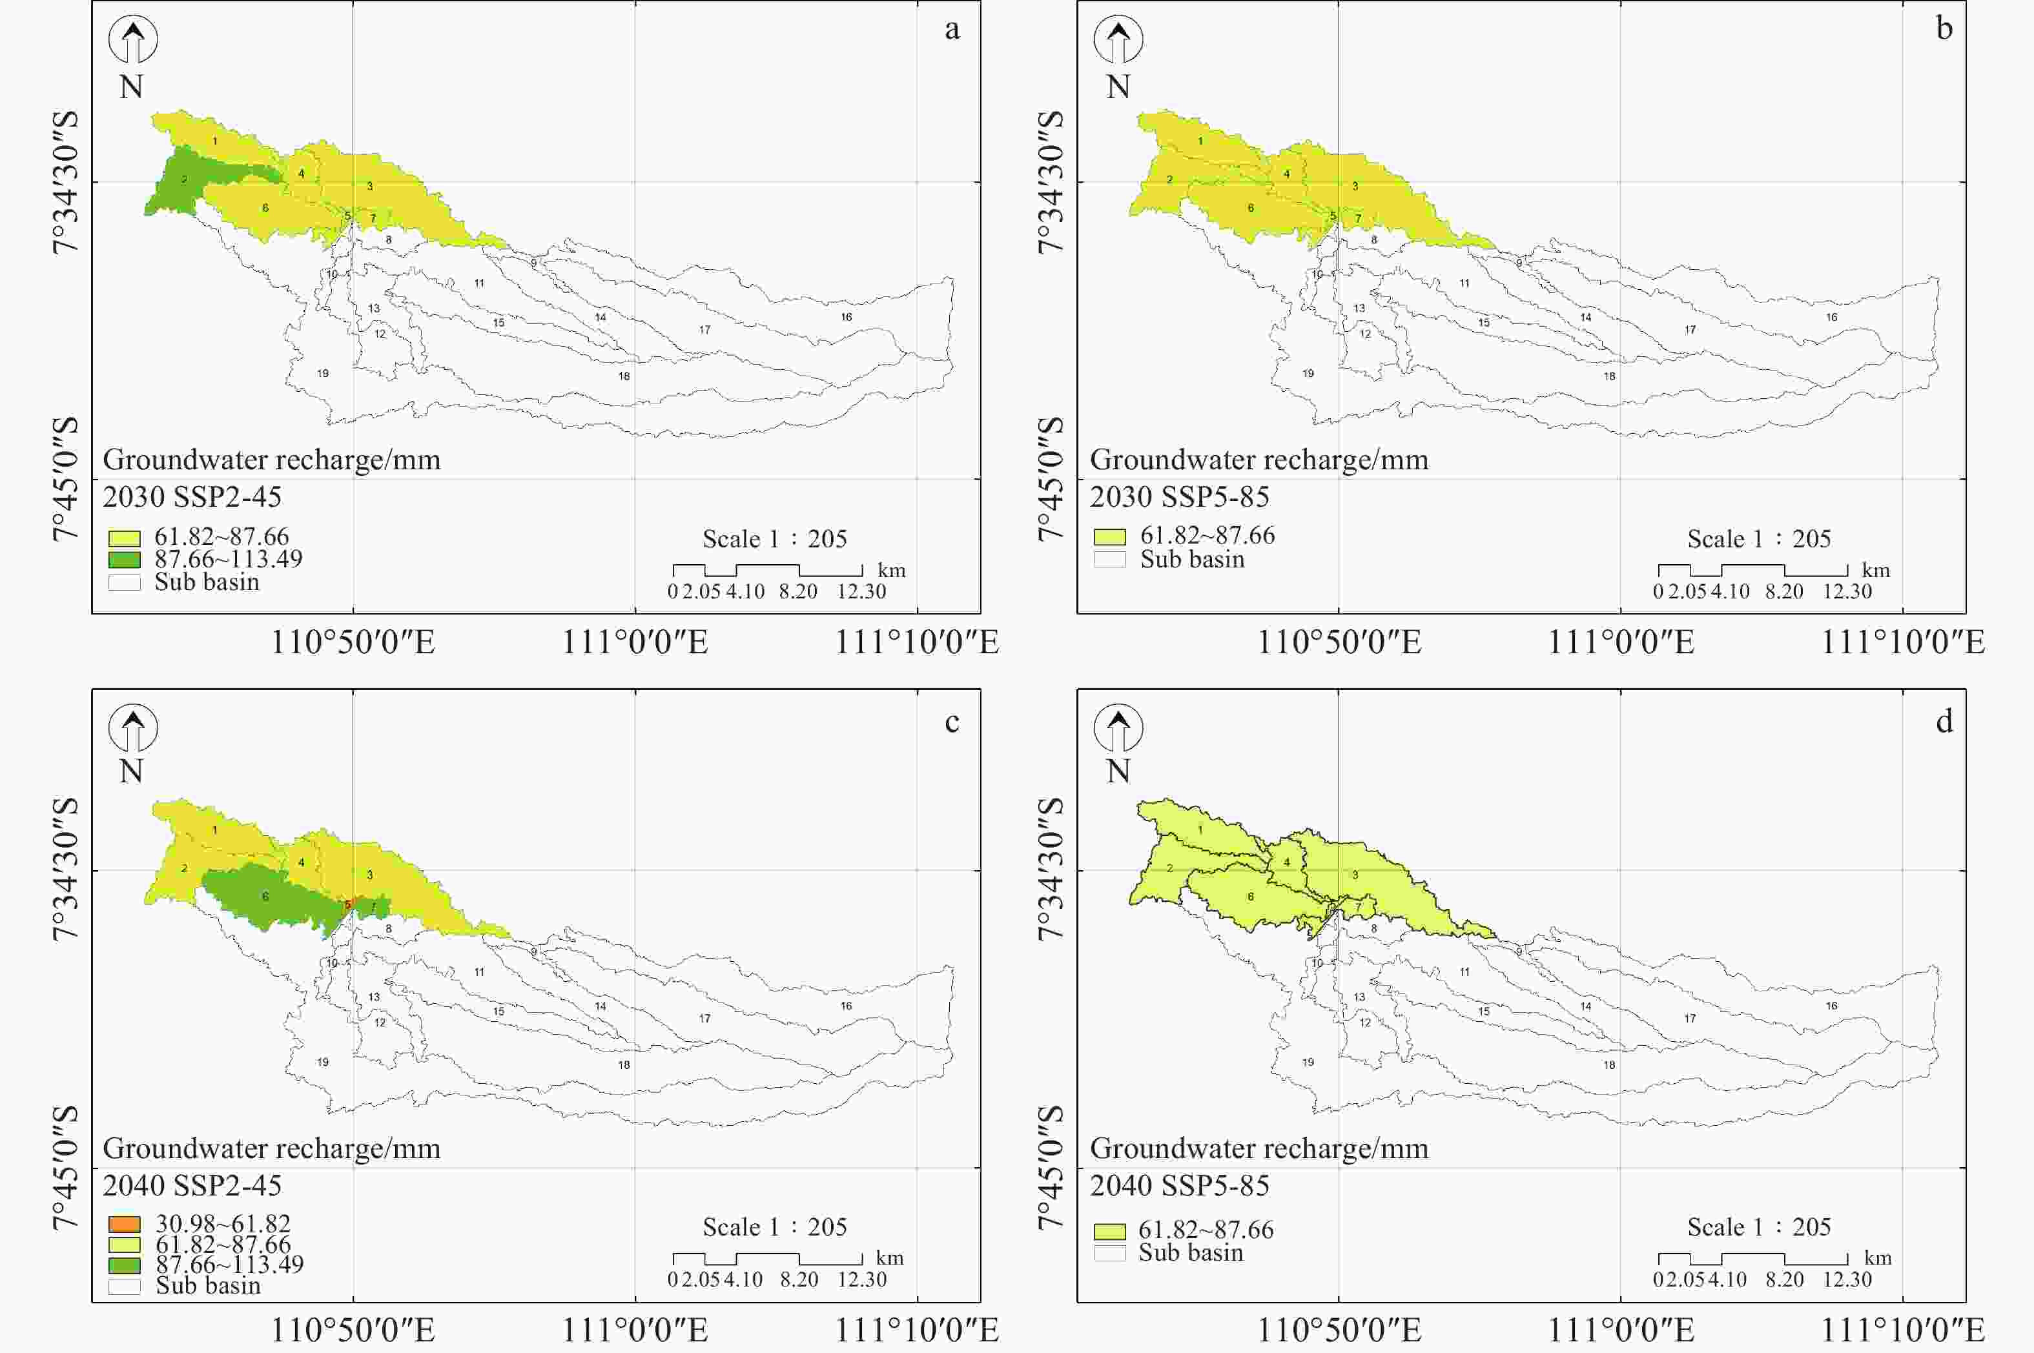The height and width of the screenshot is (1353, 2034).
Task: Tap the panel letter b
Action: point(1944,29)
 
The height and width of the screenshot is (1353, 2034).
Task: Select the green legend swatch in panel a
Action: point(124,559)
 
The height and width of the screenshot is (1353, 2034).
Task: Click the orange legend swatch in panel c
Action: point(124,1223)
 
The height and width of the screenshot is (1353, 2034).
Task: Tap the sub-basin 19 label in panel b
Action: point(1308,374)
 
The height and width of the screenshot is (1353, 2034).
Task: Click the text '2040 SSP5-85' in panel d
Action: point(1179,1186)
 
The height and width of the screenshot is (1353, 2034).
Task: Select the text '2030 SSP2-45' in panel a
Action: point(192,497)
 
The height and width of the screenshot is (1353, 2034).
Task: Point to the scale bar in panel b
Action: point(1752,571)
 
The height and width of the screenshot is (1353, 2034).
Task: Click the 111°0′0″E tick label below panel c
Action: point(635,1330)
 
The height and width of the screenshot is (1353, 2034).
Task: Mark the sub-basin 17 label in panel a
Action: point(705,330)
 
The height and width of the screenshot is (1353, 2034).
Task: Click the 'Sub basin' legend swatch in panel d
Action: point(1110,1253)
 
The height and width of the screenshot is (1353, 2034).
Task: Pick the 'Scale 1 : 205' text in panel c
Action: point(774,1226)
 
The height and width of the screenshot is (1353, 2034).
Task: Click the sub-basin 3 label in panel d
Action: point(1355,875)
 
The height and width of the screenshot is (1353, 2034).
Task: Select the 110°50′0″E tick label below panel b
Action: point(1339,642)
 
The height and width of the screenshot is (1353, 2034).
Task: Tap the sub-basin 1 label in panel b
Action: point(1200,141)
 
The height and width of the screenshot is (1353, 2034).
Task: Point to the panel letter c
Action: point(952,722)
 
